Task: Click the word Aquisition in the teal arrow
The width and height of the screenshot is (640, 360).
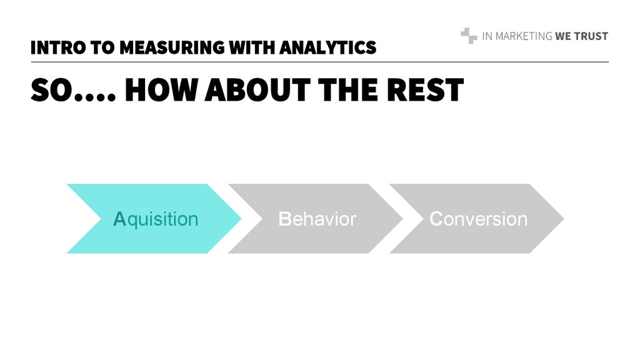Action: pos(156,219)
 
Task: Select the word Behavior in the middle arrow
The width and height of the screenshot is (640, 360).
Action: pos(317,219)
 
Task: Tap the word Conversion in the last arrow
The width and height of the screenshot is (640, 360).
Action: pos(479,219)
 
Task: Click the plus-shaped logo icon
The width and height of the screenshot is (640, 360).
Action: pos(469,36)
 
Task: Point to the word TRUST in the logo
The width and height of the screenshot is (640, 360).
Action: pos(591,36)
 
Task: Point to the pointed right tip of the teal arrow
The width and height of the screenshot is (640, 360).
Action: pos(239,219)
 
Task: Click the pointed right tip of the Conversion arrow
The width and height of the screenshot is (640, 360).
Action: pos(562,219)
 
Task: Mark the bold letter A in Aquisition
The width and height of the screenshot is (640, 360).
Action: pos(119,219)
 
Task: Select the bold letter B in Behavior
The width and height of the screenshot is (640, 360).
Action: pos(285,219)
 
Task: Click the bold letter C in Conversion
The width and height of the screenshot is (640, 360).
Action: pos(436,219)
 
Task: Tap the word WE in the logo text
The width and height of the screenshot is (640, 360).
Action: pos(563,36)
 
